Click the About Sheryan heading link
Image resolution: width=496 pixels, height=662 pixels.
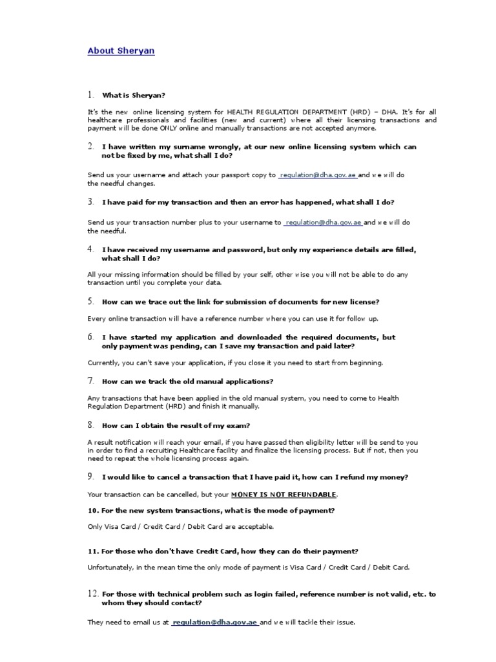tap(121, 50)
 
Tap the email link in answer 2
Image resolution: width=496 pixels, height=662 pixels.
tap(318, 175)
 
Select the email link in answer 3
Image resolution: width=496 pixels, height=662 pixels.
tap(324, 222)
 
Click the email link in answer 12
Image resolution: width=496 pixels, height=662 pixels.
tap(215, 623)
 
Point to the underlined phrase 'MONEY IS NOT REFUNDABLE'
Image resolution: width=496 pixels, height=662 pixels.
tap(284, 495)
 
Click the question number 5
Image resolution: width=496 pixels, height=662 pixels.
tap(91, 301)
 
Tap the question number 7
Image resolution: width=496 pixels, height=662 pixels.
tap(91, 380)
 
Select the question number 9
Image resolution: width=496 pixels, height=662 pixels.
tap(91, 476)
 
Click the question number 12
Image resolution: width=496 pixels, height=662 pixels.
tap(92, 593)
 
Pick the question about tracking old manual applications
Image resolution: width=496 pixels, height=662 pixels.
tap(187, 381)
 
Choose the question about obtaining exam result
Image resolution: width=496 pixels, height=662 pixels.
tap(176, 425)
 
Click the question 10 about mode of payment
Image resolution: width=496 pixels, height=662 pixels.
tap(211, 511)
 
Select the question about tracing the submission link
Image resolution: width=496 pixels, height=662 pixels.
tap(240, 302)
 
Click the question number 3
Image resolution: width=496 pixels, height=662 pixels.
tap(91, 202)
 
